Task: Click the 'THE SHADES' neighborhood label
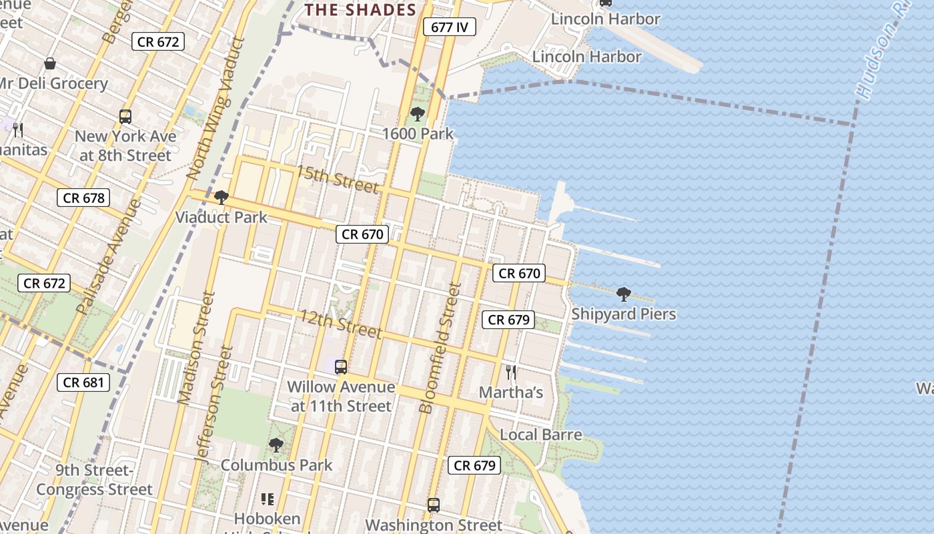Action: coord(360,10)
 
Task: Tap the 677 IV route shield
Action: coord(449,27)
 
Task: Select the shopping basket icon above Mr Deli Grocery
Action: coord(50,63)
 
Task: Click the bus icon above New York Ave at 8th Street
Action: coord(125,117)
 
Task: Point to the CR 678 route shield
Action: coord(83,198)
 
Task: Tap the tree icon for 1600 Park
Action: coord(418,114)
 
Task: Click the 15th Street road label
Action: coord(338,180)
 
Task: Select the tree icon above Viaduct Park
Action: coord(221,198)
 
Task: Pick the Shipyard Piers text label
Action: coord(624,314)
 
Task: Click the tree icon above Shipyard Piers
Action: coord(624,294)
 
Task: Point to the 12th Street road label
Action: coord(340,324)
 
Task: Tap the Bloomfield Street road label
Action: coord(441,348)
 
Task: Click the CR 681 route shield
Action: coord(83,382)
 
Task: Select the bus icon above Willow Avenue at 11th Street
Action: coord(341,367)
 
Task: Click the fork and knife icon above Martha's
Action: coord(511,372)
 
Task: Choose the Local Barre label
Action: coord(540,435)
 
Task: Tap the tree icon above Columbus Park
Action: coord(276,445)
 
